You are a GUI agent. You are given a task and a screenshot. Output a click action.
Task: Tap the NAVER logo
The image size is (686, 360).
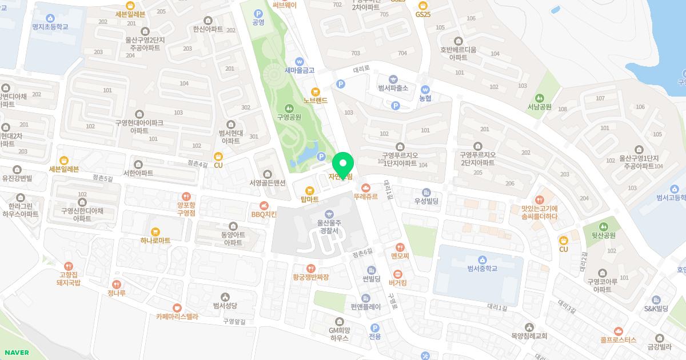(14, 353)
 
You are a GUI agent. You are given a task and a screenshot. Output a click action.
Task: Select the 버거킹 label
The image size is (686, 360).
(398, 283)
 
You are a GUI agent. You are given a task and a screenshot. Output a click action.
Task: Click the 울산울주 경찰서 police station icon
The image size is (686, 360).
(329, 214)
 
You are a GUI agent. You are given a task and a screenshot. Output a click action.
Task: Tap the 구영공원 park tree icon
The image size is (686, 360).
(289, 107)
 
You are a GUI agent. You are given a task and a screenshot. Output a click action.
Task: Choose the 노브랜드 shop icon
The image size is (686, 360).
(315, 91)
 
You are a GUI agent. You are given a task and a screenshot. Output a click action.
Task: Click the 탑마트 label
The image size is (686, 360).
(309, 199)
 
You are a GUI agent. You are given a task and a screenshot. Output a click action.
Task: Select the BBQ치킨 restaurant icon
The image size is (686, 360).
(264, 205)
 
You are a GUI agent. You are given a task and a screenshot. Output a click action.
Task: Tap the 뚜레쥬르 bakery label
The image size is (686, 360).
(365, 196)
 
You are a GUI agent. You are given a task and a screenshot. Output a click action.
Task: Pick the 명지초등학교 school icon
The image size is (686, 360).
(50, 18)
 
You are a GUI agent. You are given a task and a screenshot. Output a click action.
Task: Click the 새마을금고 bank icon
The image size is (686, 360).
(299, 62)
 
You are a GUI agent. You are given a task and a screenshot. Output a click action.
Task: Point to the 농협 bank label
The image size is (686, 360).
(425, 99)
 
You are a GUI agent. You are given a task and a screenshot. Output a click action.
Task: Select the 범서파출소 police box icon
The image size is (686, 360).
(393, 79)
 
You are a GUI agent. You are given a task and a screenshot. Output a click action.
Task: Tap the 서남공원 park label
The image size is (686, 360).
(539, 107)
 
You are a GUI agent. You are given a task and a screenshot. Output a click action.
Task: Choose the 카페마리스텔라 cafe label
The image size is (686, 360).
(177, 316)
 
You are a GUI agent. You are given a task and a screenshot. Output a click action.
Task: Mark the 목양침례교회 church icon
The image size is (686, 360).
(529, 327)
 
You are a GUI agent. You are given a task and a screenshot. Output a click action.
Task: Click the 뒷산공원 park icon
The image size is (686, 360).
(603, 226)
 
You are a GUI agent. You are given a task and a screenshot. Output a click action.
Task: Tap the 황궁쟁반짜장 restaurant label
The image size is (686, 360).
(310, 277)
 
